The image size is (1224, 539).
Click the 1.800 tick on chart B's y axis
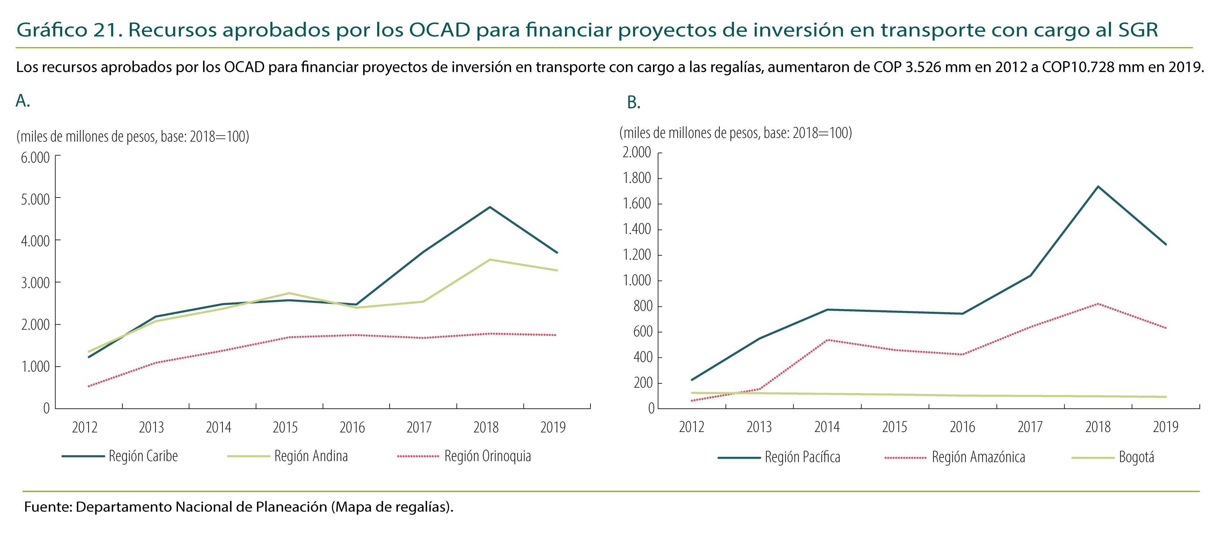[x=637, y=178]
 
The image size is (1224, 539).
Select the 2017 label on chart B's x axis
[x=1030, y=427]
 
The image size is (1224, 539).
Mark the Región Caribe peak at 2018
[x=490, y=207]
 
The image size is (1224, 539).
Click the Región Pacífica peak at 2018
[x=1098, y=186]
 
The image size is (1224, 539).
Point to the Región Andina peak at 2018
[x=490, y=259]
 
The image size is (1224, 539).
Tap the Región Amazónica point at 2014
[x=827, y=340]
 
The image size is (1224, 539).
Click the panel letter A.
[x=22, y=101]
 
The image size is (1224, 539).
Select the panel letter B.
[x=634, y=103]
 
